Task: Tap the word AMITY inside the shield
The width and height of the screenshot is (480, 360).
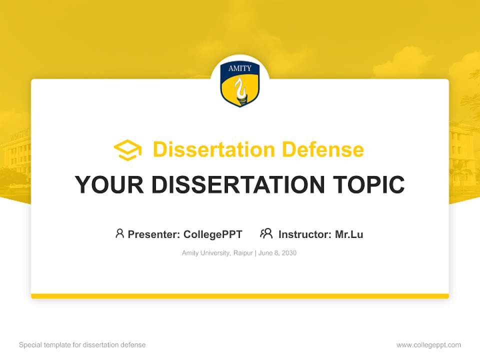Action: coord(240,68)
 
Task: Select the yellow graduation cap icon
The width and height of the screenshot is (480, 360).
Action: coord(127,150)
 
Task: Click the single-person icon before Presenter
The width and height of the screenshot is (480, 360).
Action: coord(119,233)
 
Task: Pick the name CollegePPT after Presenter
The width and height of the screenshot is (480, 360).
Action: coord(213,234)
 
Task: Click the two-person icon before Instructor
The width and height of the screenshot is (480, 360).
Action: coord(266,233)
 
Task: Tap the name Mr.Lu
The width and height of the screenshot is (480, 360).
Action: coord(349,234)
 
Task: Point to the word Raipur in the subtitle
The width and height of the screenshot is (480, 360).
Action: coord(243,253)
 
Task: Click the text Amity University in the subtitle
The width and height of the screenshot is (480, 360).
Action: coord(205,253)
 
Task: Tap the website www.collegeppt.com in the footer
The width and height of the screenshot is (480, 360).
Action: coord(428,345)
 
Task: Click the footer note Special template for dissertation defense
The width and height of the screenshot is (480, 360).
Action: coord(82,345)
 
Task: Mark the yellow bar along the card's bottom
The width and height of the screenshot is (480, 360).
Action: coord(240,296)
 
